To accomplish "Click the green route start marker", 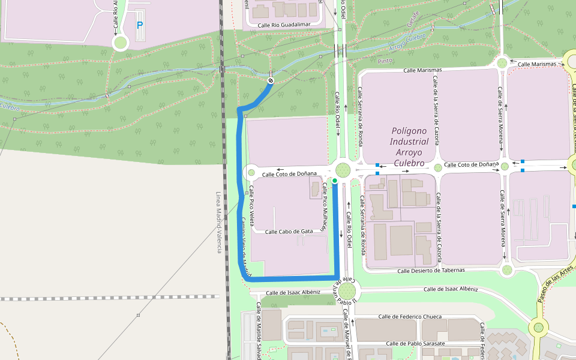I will click(335, 180).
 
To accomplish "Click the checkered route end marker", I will click(271, 80).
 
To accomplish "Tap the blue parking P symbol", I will click(140, 26).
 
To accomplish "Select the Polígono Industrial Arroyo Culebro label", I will click(409, 147).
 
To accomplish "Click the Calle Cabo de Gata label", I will click(289, 231).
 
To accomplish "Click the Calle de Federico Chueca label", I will click(410, 317).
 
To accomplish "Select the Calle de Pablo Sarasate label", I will click(415, 344).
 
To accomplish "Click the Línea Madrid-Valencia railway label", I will click(218, 222).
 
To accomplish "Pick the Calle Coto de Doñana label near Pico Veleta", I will click(289, 174).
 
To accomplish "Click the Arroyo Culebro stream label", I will click(407, 41).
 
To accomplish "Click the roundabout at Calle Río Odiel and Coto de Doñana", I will click(343, 170).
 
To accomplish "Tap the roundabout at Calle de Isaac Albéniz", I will click(346, 292).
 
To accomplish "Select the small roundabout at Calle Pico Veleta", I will click(251, 173).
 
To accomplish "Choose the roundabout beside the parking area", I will click(121, 43).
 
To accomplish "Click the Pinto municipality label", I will click(385, 61).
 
